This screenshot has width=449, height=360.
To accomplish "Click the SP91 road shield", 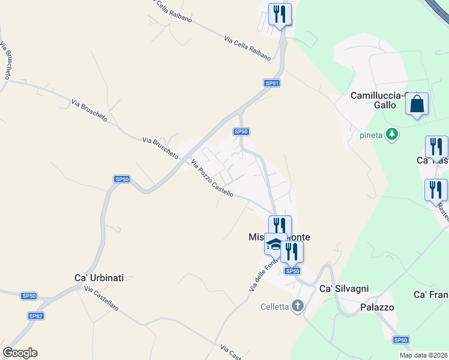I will coord(273,83).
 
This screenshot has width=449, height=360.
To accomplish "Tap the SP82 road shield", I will coord(35,316).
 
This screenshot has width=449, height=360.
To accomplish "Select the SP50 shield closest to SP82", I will coord(29,296).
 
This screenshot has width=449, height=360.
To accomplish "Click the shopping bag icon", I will coord(417,104).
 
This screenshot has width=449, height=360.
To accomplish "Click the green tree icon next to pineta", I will coord(392,133).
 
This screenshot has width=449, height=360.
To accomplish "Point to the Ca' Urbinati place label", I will coord(99,278).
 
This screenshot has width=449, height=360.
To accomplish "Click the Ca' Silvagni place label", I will coord(344,288).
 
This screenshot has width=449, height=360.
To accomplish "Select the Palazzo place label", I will coord(377,307).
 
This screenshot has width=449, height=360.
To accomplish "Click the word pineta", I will coord(372,134).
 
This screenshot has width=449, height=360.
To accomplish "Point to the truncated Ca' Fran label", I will coord(431,295).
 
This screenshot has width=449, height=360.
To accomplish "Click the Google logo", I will coord(20,353).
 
